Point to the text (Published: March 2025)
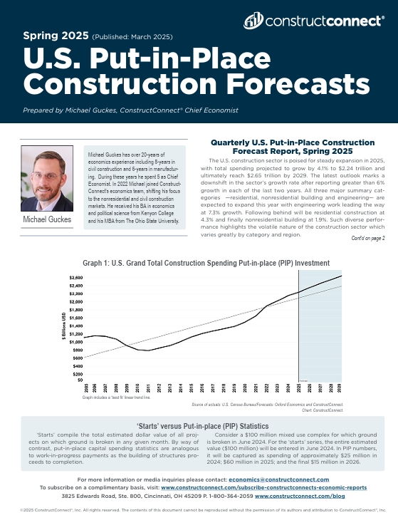pos(132,36)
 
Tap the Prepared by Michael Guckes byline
pos(130,110)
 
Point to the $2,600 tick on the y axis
pos(75,276)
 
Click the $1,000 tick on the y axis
pos(75,342)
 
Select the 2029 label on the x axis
pos(340,388)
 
